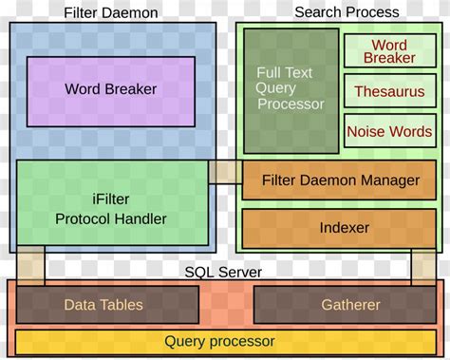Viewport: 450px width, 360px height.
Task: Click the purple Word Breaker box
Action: (x=110, y=91)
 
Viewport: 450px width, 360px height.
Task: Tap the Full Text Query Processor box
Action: (x=291, y=90)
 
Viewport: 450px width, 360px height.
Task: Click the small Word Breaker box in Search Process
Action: (x=389, y=51)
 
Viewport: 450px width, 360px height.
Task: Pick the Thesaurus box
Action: (x=389, y=92)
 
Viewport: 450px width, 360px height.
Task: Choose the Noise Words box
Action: (x=389, y=132)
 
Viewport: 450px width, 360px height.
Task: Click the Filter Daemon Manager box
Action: (x=339, y=180)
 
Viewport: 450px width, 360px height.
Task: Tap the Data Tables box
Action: (x=103, y=305)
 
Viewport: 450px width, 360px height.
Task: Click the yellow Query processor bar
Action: (x=219, y=341)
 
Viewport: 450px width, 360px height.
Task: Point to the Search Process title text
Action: (x=347, y=12)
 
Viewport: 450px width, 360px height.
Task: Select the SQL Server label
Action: (x=223, y=273)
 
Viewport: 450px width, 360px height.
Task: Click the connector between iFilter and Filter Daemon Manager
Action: (x=225, y=172)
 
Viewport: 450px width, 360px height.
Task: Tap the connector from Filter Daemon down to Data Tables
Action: (x=30, y=265)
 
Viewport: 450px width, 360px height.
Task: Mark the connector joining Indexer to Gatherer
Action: (x=422, y=265)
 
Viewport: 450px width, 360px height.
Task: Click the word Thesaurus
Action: (x=389, y=92)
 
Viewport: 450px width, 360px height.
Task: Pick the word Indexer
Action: (x=344, y=229)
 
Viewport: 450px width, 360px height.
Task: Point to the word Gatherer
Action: (x=349, y=305)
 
